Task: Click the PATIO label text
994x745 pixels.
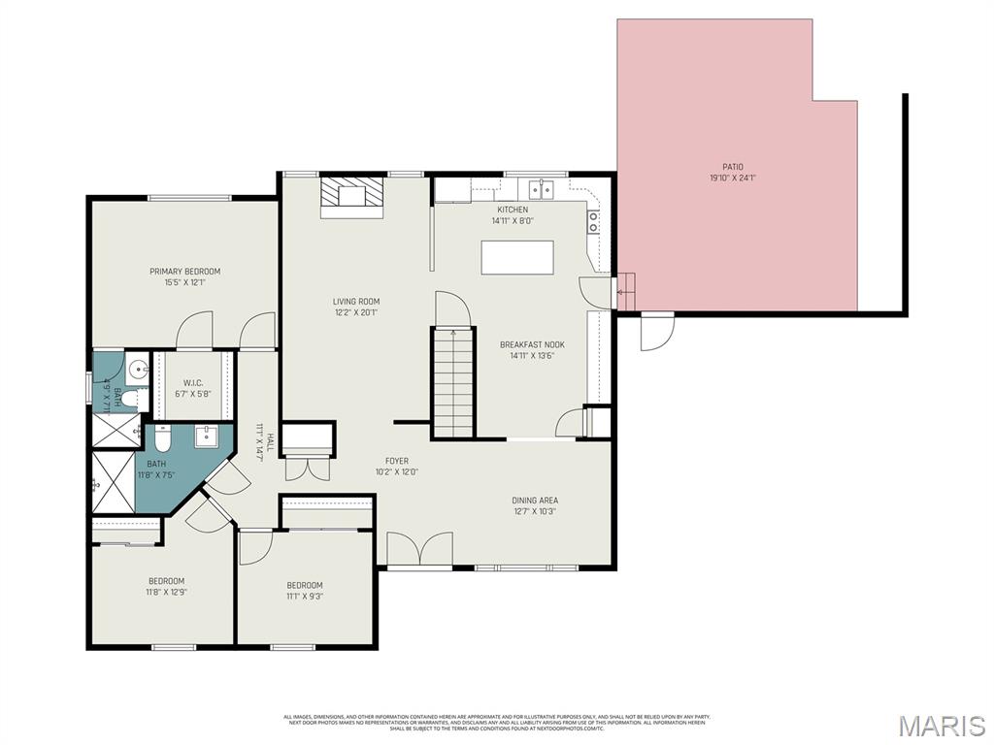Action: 732,167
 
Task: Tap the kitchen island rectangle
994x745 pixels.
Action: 516,258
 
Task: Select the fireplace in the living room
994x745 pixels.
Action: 351,195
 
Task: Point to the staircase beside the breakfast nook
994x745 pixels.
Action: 452,384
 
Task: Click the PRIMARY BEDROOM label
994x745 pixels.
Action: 184,272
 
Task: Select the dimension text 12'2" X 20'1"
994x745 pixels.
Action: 355,312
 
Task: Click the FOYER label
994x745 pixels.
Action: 397,461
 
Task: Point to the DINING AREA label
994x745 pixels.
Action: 535,501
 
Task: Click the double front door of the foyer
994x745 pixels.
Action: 419,550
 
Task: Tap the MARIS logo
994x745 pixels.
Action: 941,726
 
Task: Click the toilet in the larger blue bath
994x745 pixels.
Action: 163,441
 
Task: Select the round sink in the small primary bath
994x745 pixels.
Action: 139,370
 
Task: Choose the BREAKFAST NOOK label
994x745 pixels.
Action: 531,344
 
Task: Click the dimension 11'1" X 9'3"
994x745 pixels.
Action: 304,597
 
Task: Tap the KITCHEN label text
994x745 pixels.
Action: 513,210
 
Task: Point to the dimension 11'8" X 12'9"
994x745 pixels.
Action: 166,592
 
